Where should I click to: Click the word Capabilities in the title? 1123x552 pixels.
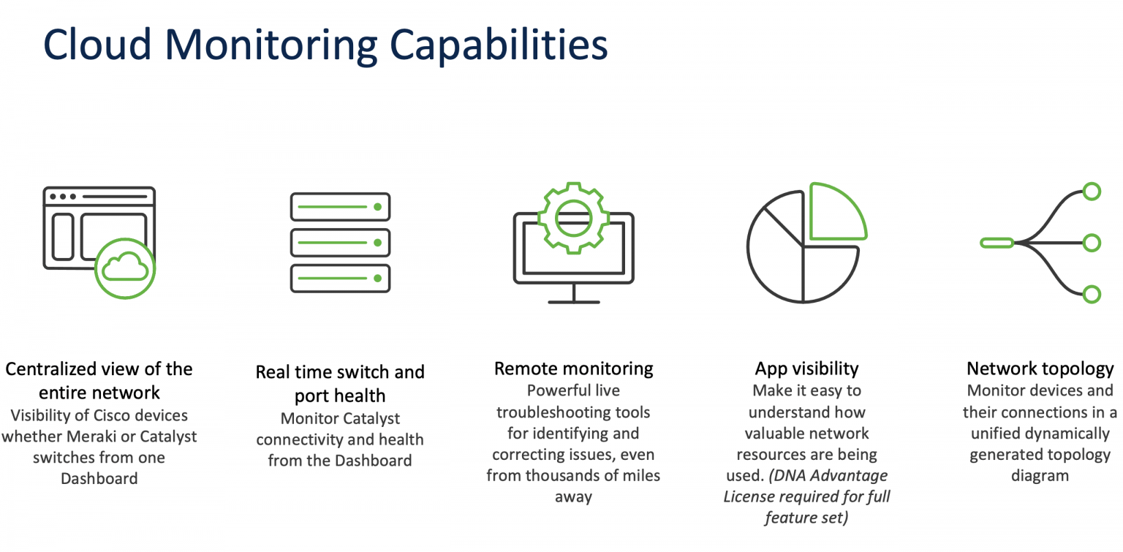(x=499, y=45)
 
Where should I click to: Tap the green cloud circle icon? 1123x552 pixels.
(x=126, y=268)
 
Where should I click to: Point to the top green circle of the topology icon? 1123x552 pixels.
(x=1092, y=192)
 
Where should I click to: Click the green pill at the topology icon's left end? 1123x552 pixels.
(x=997, y=243)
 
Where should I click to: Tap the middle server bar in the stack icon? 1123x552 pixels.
(x=340, y=242)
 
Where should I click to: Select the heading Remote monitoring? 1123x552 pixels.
(x=574, y=368)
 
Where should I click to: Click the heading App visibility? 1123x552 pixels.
(x=806, y=368)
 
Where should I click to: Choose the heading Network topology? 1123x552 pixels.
(x=1040, y=368)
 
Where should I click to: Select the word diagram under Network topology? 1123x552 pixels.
(x=1040, y=476)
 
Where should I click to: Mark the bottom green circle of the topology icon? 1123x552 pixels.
(x=1092, y=294)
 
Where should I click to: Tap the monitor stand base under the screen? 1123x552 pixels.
(x=574, y=300)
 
